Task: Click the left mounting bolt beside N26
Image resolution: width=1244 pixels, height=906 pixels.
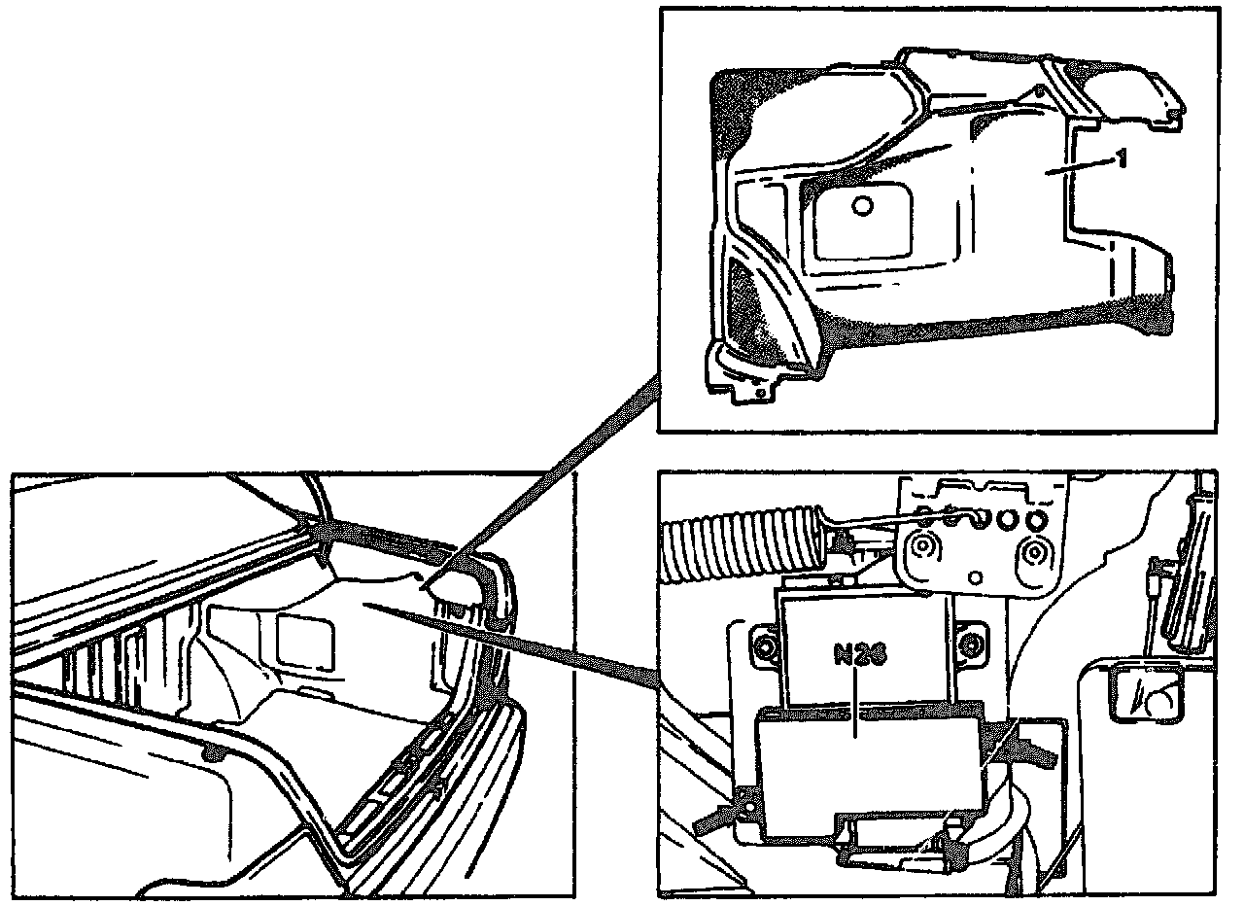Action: (x=765, y=645)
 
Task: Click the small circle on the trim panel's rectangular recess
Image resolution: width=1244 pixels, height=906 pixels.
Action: (x=862, y=205)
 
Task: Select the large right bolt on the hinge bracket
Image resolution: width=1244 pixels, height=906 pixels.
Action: (x=1034, y=554)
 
